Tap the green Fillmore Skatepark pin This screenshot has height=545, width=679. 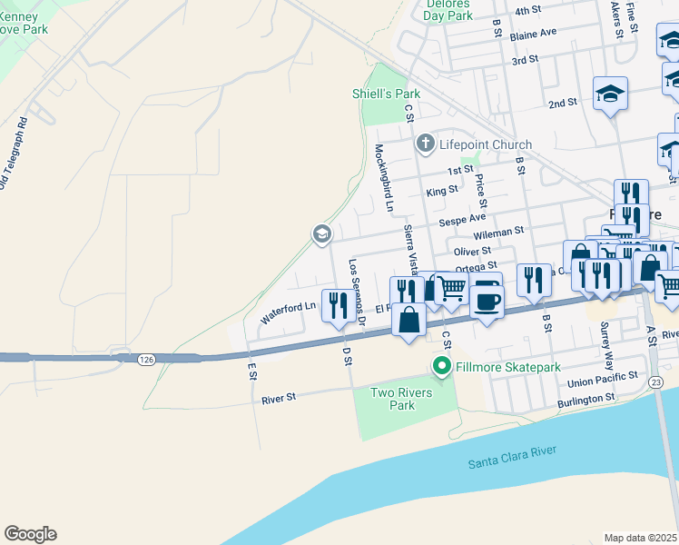[x=442, y=367]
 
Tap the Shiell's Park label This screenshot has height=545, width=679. [x=386, y=94]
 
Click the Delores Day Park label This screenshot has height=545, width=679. [x=448, y=9]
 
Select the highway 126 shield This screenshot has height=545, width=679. [x=145, y=360]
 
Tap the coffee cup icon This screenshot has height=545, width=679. [x=487, y=300]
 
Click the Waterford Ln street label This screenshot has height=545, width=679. [x=288, y=312]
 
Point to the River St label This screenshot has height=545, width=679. [x=279, y=398]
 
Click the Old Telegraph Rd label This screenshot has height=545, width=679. [x=13, y=154]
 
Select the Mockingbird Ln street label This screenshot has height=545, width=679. [x=383, y=177]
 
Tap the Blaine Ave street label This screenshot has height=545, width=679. [x=533, y=33]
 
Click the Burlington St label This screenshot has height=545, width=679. [x=585, y=399]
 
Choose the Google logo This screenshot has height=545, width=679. [x=30, y=534]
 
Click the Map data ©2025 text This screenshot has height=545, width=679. [x=641, y=538]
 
